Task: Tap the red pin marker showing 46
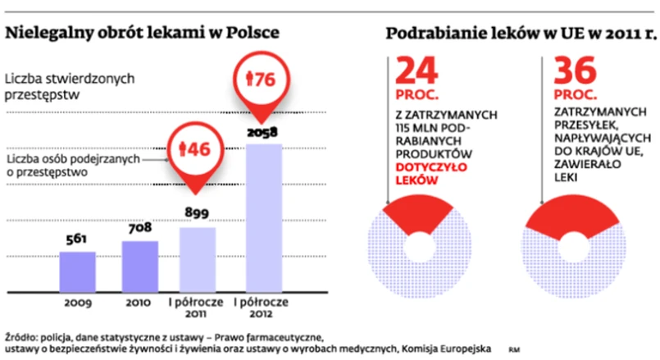197,149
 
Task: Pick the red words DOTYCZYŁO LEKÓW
424,170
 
